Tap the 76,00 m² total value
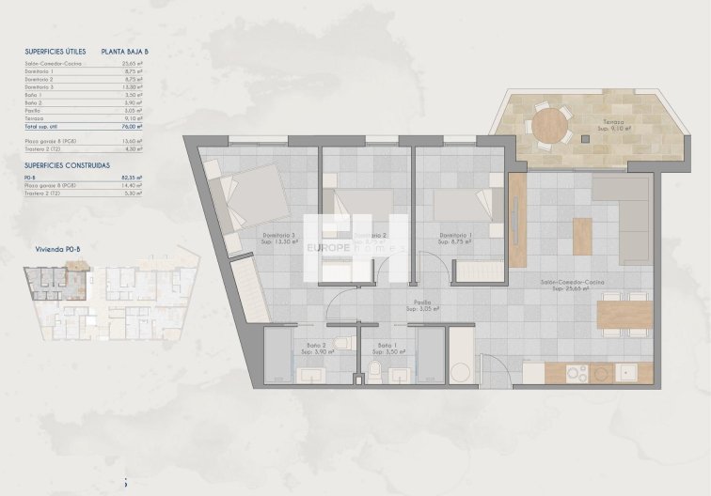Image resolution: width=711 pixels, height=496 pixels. click(x=132, y=125)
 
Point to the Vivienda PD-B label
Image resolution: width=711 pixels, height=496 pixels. click(x=56, y=250)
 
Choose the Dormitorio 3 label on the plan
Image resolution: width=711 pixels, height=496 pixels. click(x=280, y=235)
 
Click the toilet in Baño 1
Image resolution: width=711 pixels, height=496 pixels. click(x=373, y=374)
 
